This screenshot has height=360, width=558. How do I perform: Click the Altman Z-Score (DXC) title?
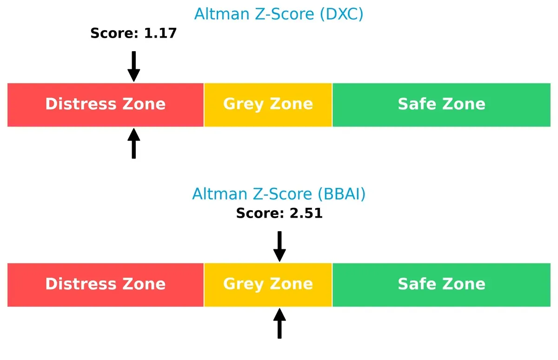tap(279, 14)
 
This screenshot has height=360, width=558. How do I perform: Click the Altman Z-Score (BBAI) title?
tap(279, 193)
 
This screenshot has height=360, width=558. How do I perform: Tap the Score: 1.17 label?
tap(133, 33)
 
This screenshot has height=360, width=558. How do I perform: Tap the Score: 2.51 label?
tap(279, 213)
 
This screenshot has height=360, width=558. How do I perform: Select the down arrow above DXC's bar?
tap(133, 67)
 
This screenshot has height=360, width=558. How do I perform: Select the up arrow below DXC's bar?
tap(133, 144)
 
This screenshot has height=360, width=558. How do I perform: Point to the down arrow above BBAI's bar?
tap(279, 247)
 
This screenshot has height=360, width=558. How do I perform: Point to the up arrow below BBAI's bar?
tap(279, 323)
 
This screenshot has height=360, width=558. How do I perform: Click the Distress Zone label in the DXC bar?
tap(105, 104)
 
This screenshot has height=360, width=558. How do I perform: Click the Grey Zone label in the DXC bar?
tap(268, 104)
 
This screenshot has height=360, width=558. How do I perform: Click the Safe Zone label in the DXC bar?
tap(441, 104)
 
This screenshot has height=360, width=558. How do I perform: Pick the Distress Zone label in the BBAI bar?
tap(105, 284)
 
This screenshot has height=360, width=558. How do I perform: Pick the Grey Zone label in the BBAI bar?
tap(268, 284)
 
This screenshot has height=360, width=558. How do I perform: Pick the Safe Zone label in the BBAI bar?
tap(441, 284)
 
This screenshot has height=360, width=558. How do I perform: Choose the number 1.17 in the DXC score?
tap(160, 33)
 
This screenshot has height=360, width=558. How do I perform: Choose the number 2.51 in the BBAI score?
tap(306, 213)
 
